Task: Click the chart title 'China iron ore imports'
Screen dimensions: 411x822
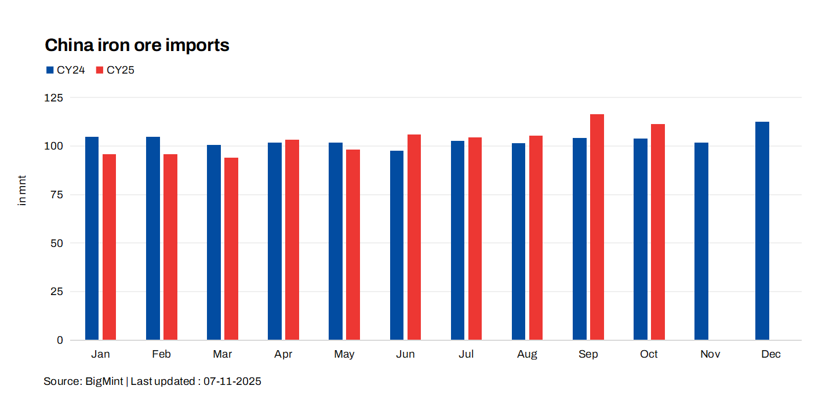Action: [x=137, y=45]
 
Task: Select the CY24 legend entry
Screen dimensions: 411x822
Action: [x=66, y=70]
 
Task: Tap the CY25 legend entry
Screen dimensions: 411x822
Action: [x=115, y=70]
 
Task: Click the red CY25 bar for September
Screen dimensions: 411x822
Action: [x=597, y=227]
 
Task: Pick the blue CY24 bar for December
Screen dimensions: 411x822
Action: [x=762, y=231]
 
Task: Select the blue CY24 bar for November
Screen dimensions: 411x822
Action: [x=701, y=241]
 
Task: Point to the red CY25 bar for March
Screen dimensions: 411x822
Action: [x=231, y=249]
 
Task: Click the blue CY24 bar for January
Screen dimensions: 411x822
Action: [x=92, y=238]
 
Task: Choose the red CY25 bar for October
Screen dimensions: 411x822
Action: [x=658, y=232]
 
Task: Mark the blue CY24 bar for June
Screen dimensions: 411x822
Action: [x=397, y=245]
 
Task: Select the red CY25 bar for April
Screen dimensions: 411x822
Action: [x=292, y=239]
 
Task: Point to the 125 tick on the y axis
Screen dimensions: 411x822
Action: [x=54, y=97]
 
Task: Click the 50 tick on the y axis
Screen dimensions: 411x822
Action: [x=57, y=243]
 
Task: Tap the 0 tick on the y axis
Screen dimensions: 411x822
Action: [x=60, y=340]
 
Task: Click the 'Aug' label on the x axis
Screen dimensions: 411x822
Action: [x=527, y=354]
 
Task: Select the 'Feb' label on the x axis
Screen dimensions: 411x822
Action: [x=161, y=354]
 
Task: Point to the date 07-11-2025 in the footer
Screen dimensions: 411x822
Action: [x=232, y=381]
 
